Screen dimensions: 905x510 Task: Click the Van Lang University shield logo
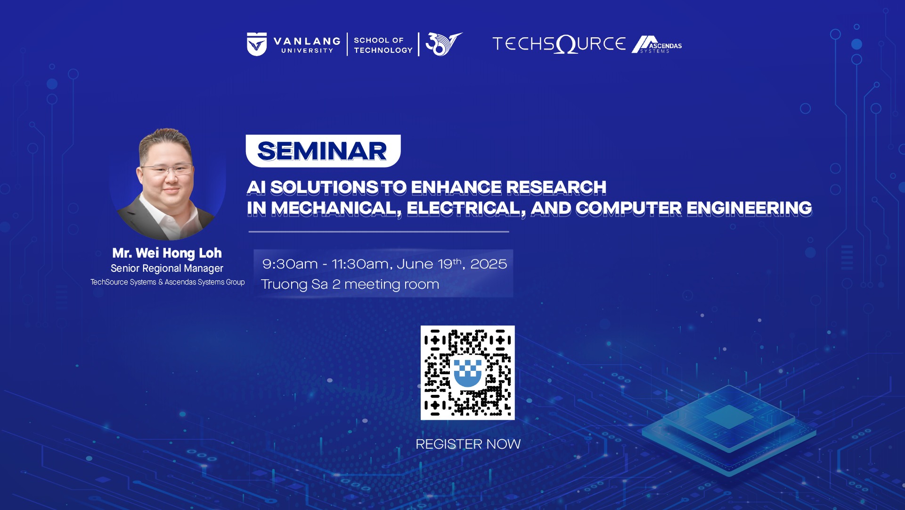click(257, 44)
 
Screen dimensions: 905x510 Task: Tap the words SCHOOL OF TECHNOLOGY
click(383, 45)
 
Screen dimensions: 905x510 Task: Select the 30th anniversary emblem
click(443, 44)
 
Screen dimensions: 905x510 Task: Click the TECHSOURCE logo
click(559, 44)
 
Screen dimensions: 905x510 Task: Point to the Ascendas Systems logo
click(657, 45)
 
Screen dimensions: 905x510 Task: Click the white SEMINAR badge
click(323, 151)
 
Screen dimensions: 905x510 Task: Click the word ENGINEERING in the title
click(749, 208)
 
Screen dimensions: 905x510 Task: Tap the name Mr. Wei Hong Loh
click(167, 253)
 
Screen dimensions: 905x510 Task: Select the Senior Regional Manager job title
click(167, 268)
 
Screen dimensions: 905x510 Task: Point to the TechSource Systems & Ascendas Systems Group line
click(168, 282)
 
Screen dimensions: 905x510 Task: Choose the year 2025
click(489, 264)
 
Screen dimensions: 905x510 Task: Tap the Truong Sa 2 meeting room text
click(350, 284)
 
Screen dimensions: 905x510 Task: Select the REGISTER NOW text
click(468, 444)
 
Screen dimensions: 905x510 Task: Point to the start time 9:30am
click(290, 264)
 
